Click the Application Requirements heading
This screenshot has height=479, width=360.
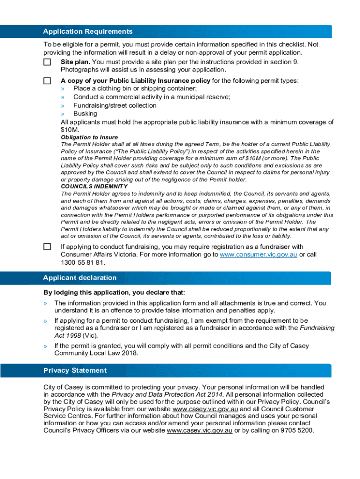[88, 31]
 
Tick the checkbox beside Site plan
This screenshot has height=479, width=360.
[47, 62]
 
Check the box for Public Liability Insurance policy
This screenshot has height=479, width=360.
[47, 80]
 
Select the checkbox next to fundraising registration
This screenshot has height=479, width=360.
[47, 247]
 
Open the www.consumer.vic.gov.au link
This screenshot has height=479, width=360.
[259, 254]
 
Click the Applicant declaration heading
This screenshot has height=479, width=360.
[80, 278]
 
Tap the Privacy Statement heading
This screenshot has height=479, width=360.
[75, 370]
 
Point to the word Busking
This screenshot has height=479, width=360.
[85, 114]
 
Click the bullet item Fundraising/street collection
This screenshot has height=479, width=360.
[115, 105]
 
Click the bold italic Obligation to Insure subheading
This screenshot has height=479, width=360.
[90, 138]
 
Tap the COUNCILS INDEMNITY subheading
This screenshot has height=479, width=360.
[94, 186]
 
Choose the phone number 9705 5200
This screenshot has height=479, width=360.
[295, 430]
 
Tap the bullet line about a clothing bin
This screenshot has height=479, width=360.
[135, 88]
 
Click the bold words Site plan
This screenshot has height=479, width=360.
[75, 62]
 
